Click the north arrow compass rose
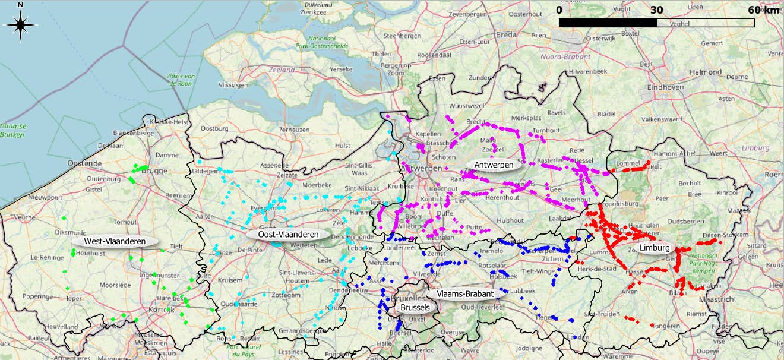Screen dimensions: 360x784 [21, 24]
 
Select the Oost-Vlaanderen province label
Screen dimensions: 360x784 [288, 234]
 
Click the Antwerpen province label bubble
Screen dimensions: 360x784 [494, 165]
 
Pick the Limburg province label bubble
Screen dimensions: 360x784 [655, 248]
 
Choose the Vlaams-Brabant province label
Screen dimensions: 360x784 [464, 293]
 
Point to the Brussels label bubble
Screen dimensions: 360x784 [415, 307]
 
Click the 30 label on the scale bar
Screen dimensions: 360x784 [656, 10]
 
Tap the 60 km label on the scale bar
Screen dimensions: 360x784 [763, 10]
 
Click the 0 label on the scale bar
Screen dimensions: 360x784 [559, 10]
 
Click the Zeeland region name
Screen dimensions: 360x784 [282, 70]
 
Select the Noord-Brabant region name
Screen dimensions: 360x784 [565, 57]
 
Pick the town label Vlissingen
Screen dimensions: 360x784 [233, 85]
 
